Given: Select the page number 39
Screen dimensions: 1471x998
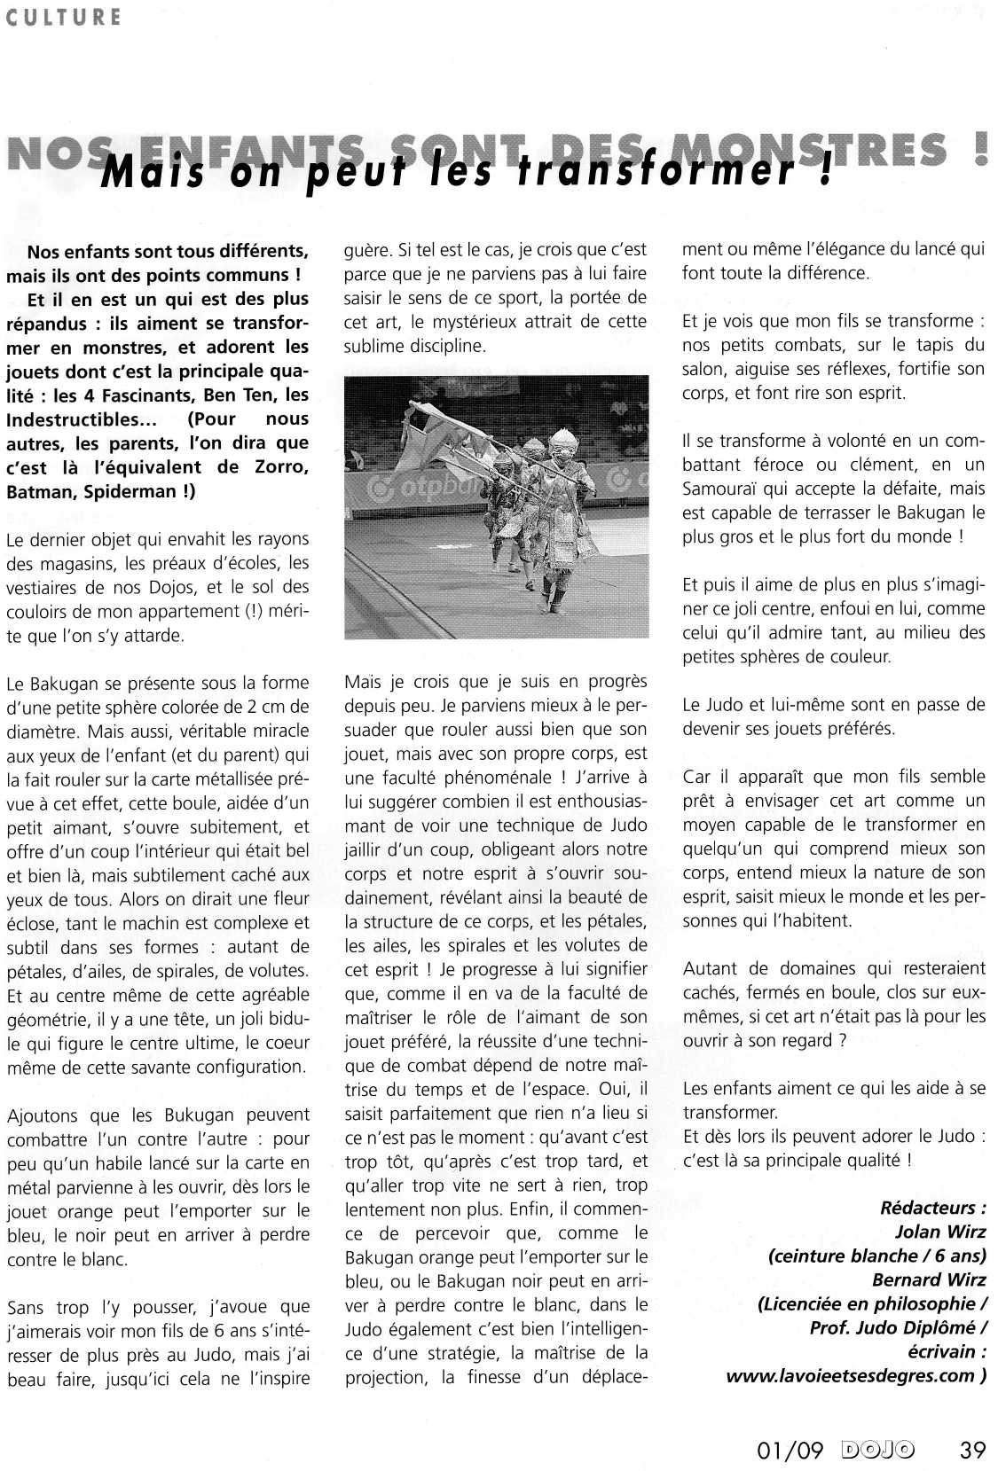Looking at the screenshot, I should click(x=972, y=1450).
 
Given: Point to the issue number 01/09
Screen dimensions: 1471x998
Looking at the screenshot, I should click(x=789, y=1450).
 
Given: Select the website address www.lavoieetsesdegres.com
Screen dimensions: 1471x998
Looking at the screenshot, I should click(x=851, y=1375).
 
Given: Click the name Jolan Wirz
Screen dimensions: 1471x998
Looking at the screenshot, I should click(x=940, y=1232).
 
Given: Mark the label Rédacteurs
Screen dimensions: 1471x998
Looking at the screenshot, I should click(x=931, y=1208).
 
